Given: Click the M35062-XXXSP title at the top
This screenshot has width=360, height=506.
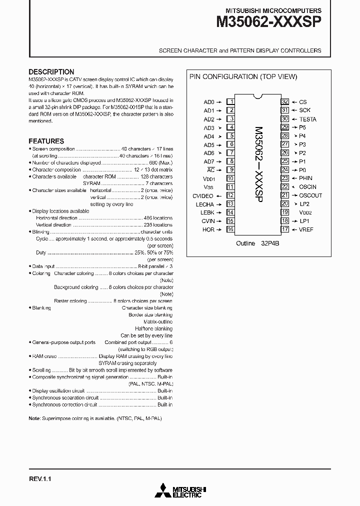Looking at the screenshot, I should coord(269,22).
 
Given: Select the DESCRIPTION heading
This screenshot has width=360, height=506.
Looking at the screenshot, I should coord(51,71).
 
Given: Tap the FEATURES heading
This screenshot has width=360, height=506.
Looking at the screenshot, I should coord(46,141).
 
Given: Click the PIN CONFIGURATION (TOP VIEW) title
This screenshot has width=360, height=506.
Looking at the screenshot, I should coord(242,76).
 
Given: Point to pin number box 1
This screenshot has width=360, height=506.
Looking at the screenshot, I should coord(231,101).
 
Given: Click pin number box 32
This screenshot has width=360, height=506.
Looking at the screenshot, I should coord(284,101).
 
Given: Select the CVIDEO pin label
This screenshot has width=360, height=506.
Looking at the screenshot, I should coord(203,196).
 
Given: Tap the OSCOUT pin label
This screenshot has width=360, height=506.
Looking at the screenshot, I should coord(310,195).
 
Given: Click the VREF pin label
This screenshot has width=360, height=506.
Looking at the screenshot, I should coord(306,229).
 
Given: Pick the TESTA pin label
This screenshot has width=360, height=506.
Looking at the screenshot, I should coord(307,119).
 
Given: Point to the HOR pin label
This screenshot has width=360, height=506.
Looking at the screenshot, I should coord(208,229).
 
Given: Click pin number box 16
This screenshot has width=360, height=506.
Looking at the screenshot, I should coord(231,229).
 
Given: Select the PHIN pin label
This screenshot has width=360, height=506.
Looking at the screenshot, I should coord(305,178).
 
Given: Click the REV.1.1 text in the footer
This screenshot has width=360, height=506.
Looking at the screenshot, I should coord(40,478).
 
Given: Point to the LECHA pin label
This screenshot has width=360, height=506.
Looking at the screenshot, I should coord(205,204).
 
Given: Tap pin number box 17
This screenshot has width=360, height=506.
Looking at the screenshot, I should coord(284,229).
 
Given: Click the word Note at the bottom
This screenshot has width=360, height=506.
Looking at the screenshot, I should coord(34,418).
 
